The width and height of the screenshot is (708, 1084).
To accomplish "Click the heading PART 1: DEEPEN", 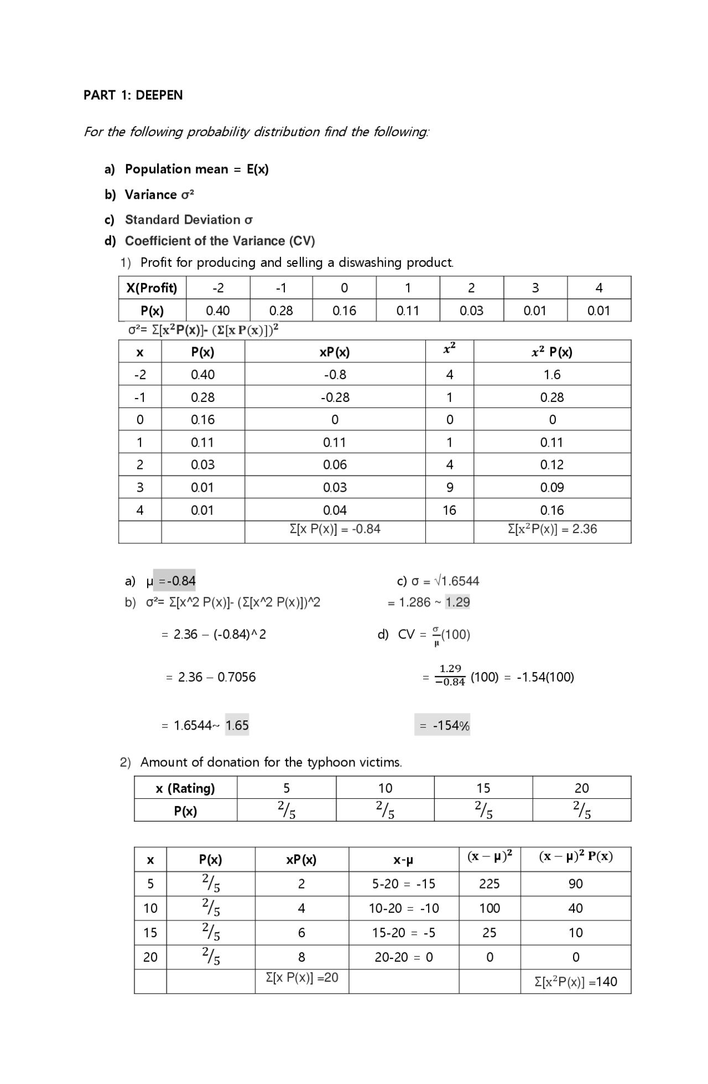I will coord(133,95).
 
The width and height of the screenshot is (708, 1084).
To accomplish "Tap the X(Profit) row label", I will coord(152,288).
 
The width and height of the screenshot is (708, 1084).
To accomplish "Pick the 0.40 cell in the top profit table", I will coord(217,311).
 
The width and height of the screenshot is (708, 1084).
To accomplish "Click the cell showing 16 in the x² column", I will coord(449,510).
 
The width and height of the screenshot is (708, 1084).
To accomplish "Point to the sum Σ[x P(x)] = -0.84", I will coord(335,529).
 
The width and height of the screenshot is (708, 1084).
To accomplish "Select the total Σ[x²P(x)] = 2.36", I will coord(552,529).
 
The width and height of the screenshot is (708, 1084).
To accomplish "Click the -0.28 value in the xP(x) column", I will coord(335,398).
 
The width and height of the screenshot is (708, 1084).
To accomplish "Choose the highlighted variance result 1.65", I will coord(237,725).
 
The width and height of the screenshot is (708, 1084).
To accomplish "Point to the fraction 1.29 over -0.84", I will coord(450,676).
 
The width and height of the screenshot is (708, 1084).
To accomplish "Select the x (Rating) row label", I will coord(185,788).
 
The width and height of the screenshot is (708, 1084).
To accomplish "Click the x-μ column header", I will coord(403,860).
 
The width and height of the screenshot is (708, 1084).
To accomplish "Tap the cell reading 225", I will coord(489,884).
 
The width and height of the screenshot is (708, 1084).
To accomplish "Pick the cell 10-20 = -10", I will coord(403,909).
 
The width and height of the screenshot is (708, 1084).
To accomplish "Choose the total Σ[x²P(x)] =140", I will coord(575,982).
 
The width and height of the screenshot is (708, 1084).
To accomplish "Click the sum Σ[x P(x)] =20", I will coord(301,978).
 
